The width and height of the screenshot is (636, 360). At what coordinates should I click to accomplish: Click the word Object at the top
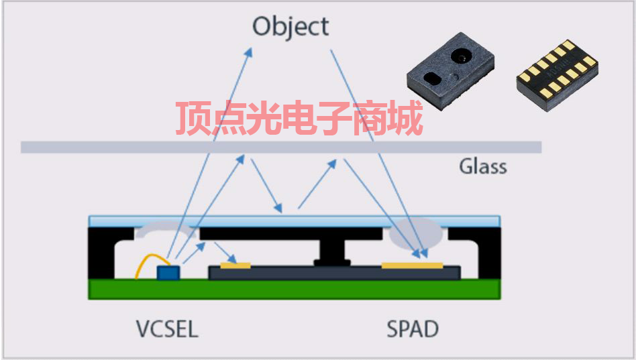[290, 27]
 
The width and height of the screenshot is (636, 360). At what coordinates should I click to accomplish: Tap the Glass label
[482, 166]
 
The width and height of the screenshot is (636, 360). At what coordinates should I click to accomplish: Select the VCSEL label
[167, 329]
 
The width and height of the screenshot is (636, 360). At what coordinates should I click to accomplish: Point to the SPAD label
[412, 329]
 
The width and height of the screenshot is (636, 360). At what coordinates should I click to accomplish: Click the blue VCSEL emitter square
[168, 272]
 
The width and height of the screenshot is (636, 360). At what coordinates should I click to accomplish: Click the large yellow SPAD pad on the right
[412, 265]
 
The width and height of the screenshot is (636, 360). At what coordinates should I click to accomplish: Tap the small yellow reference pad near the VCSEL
[235, 265]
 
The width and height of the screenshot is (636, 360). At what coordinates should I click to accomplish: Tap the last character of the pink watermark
[405, 119]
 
